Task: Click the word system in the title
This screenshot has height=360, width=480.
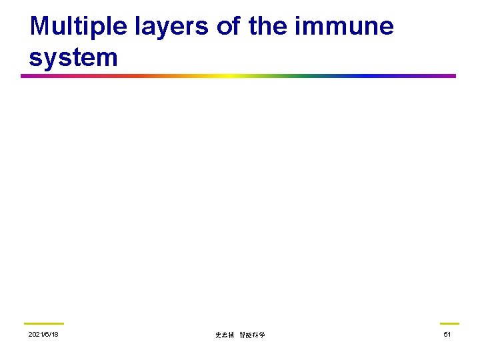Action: (73, 57)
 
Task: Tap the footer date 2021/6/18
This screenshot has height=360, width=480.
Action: (43, 334)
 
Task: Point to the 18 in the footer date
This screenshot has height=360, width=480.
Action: (54, 334)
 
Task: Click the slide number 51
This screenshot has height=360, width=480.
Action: (447, 334)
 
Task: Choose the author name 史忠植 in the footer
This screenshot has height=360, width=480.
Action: (225, 335)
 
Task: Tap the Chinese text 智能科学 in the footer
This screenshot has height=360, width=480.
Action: (252, 335)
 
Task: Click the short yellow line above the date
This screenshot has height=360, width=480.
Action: (43, 323)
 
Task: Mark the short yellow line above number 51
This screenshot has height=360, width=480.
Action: (449, 323)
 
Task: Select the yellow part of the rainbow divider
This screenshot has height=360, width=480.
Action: (227, 76)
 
